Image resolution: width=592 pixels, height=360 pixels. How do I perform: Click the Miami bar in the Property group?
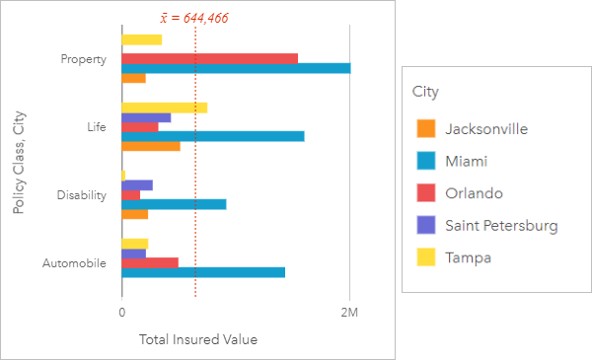point(235,68)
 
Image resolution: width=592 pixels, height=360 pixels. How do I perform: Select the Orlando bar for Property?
point(209,58)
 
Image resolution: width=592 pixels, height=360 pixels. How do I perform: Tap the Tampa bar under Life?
point(164,108)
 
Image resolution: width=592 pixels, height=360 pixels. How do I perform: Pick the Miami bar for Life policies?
point(212,136)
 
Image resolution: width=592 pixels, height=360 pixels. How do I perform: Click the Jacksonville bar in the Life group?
point(150,146)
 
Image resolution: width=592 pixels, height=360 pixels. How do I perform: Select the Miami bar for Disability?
point(174,204)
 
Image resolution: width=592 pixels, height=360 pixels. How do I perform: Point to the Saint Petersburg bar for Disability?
point(137,184)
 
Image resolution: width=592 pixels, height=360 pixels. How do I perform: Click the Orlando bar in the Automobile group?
point(149,262)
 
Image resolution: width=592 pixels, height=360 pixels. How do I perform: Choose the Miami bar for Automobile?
point(203,272)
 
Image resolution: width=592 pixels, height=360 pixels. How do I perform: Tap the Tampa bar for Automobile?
point(134,243)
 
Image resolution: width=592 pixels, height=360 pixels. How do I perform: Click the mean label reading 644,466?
point(193,18)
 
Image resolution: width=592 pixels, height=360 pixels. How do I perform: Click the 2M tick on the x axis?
point(349,313)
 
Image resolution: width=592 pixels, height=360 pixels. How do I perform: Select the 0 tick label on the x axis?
point(121,313)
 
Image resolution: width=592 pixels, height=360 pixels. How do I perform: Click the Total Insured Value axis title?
point(198,340)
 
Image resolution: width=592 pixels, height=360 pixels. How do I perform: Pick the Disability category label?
point(82,195)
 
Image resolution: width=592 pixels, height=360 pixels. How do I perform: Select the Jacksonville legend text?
point(485,129)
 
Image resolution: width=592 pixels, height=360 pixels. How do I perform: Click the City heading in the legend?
point(425,92)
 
